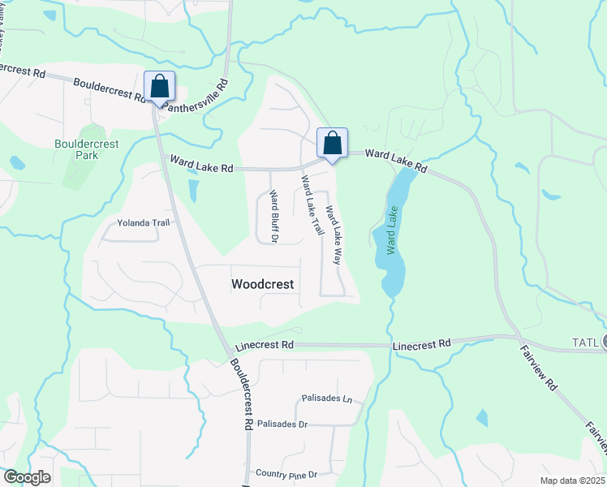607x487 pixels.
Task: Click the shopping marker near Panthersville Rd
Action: tap(160, 86)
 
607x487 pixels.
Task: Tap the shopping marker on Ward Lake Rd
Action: tap(332, 143)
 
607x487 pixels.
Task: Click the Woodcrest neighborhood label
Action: tap(262, 285)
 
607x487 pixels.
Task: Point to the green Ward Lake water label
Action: tap(394, 231)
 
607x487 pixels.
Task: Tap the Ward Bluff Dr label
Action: tap(273, 217)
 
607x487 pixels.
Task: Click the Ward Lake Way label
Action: tap(333, 235)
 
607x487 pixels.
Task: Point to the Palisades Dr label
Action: tap(282, 425)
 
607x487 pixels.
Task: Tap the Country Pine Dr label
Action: tap(286, 474)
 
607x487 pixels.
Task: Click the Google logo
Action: tap(27, 477)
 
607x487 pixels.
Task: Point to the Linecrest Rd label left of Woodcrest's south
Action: tap(264, 345)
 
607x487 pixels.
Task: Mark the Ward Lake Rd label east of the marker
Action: tap(396, 159)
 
